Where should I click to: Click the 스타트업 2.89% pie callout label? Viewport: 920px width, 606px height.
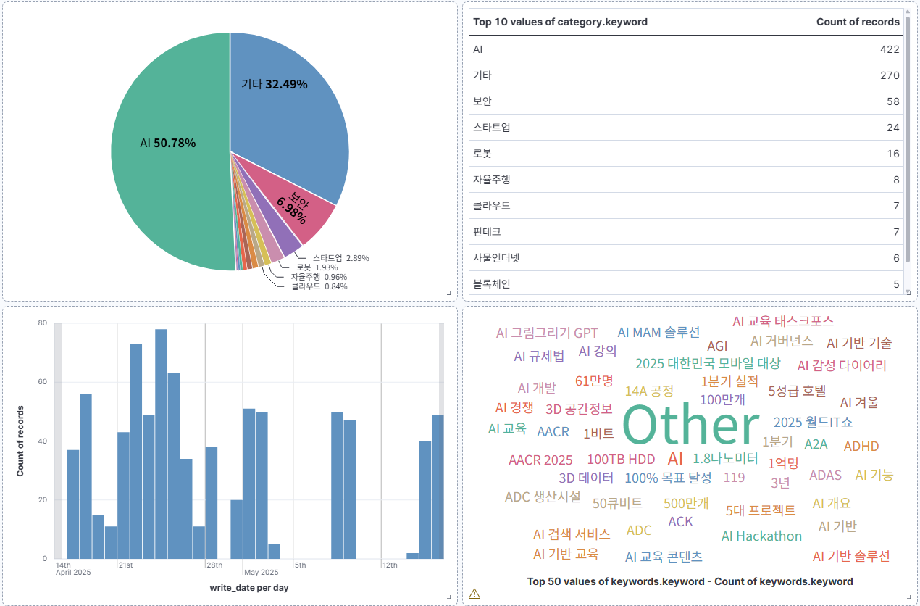click(x=341, y=258)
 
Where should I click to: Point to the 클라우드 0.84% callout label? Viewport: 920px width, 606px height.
click(x=319, y=286)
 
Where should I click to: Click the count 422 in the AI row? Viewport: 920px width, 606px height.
click(x=890, y=49)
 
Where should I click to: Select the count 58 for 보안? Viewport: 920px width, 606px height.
click(x=893, y=101)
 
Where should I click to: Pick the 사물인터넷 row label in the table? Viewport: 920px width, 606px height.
click(x=496, y=258)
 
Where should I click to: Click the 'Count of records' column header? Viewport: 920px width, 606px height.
click(x=858, y=22)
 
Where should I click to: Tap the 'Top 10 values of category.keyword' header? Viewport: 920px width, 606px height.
click(x=560, y=22)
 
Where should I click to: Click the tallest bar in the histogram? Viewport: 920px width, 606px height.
click(x=161, y=444)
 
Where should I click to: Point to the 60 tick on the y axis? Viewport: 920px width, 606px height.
click(x=43, y=382)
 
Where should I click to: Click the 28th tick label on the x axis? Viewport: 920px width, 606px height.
click(x=214, y=565)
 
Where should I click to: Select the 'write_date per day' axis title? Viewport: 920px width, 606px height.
click(x=249, y=587)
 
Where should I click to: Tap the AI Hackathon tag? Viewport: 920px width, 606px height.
click(x=761, y=536)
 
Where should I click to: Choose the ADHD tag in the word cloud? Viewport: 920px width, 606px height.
click(x=861, y=446)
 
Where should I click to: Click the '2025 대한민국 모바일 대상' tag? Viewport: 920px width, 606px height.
click(x=708, y=363)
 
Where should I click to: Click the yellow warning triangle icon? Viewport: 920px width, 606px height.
click(x=474, y=594)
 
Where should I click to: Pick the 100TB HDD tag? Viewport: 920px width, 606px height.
click(x=621, y=459)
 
